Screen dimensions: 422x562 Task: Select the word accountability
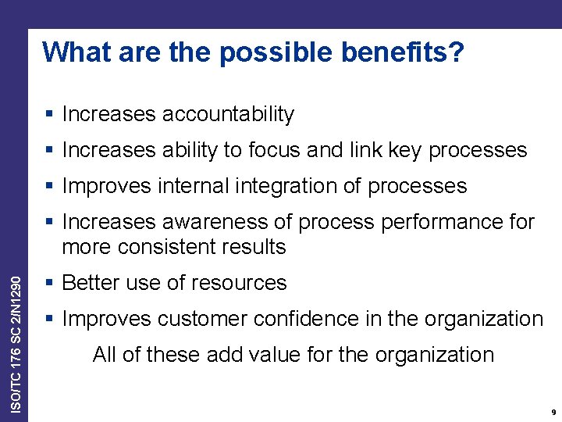(228, 114)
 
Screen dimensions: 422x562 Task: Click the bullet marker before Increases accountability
(49, 114)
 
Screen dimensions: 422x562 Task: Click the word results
(253, 247)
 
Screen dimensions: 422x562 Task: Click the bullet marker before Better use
(49, 282)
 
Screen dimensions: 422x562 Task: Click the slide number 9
(553, 412)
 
